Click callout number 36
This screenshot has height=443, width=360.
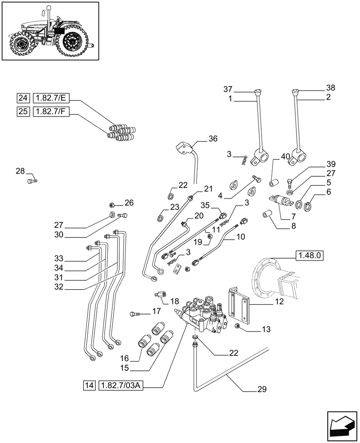click(x=213, y=139)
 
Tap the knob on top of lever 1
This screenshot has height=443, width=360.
click(x=258, y=93)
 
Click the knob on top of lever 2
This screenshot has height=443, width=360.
click(x=296, y=93)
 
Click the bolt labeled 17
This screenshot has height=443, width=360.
click(x=134, y=314)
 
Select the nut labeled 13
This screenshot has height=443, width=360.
click(x=238, y=326)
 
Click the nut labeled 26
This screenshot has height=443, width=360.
click(x=112, y=205)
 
